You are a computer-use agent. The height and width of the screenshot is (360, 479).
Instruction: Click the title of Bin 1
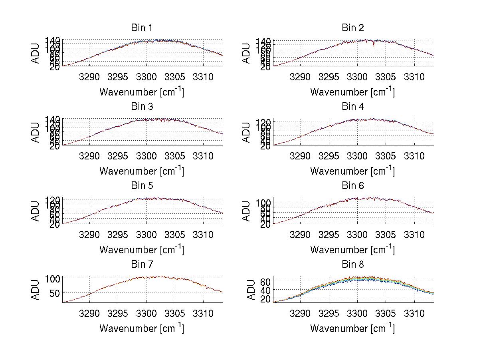(142, 28)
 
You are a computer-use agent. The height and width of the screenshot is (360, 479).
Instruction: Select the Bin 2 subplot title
(353, 28)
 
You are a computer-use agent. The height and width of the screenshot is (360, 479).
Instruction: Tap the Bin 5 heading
(142, 186)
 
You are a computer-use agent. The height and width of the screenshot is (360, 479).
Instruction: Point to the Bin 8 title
(353, 265)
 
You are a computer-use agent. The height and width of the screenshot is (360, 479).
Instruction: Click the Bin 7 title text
(142, 265)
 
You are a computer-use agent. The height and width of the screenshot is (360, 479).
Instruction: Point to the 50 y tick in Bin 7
(55, 293)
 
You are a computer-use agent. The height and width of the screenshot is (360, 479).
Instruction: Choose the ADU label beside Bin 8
(251, 290)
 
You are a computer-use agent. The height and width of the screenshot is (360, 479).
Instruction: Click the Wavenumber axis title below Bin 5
(142, 250)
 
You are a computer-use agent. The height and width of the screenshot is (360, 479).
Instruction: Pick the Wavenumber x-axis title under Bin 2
(353, 92)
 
